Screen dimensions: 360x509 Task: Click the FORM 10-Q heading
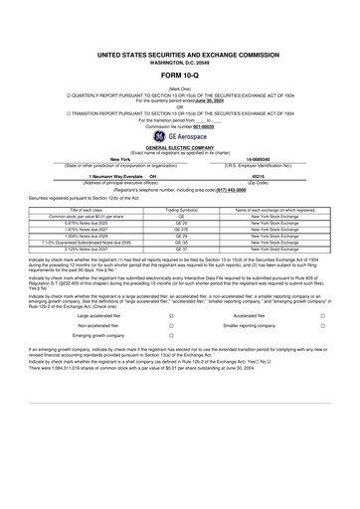pyautogui.click(x=179, y=77)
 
